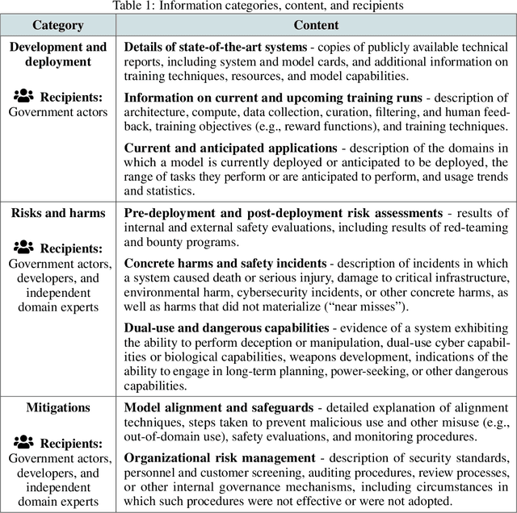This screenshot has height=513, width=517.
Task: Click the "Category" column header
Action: coord(58,25)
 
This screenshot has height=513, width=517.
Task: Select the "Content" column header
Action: coord(316,25)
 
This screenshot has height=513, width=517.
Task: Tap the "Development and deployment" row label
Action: coord(58,54)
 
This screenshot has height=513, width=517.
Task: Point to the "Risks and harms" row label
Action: coord(58,213)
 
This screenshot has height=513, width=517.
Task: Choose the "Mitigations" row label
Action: coord(58,407)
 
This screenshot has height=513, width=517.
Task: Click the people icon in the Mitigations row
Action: coord(23,443)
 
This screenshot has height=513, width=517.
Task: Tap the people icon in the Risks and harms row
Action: coord(23,248)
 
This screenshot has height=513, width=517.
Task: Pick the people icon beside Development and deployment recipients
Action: coord(23,96)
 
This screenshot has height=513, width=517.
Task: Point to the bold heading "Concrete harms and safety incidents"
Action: coord(225,264)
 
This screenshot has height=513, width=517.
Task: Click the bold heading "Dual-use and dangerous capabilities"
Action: coord(227,327)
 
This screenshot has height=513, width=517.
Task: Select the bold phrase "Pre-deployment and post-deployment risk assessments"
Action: coord(284,213)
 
